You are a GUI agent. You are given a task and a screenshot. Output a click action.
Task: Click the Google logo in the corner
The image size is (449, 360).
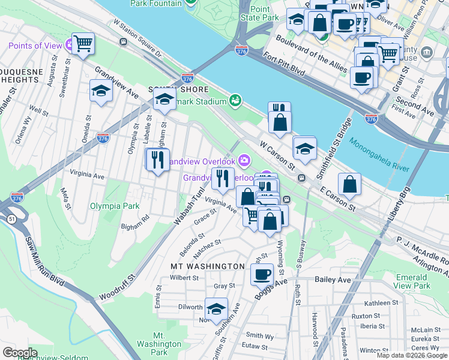(x=20, y=353)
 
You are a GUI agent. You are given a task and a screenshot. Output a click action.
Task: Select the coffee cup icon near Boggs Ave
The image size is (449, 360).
(x=261, y=275)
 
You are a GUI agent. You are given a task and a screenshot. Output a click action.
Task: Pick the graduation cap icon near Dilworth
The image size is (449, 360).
(x=216, y=308)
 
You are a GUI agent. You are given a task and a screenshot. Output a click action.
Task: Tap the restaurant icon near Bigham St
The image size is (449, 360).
(x=157, y=160)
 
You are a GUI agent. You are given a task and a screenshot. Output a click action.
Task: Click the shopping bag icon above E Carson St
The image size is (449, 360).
(x=349, y=184)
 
